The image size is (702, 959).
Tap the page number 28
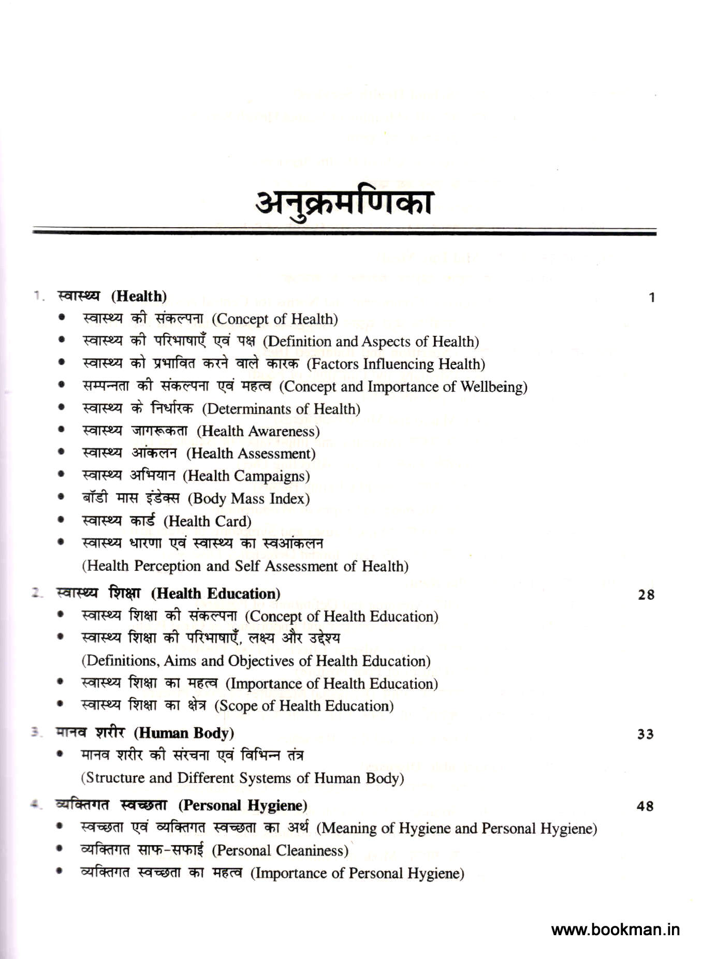[x=646, y=595]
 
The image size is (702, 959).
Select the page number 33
[x=645, y=734]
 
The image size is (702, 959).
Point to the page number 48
[x=645, y=806]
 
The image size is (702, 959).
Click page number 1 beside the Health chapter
[x=652, y=298]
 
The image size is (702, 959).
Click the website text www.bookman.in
[x=615, y=930]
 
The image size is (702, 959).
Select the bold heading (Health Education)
[x=216, y=594]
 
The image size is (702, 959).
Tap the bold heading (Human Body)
[x=184, y=733]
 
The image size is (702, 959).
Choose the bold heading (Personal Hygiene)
[x=243, y=805]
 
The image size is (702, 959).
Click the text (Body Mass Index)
[x=248, y=498]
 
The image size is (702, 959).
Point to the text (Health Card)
[x=207, y=521]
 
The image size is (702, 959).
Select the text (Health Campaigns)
[x=246, y=476]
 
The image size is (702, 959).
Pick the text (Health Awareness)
[x=258, y=431]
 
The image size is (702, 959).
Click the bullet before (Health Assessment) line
[x=62, y=452]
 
